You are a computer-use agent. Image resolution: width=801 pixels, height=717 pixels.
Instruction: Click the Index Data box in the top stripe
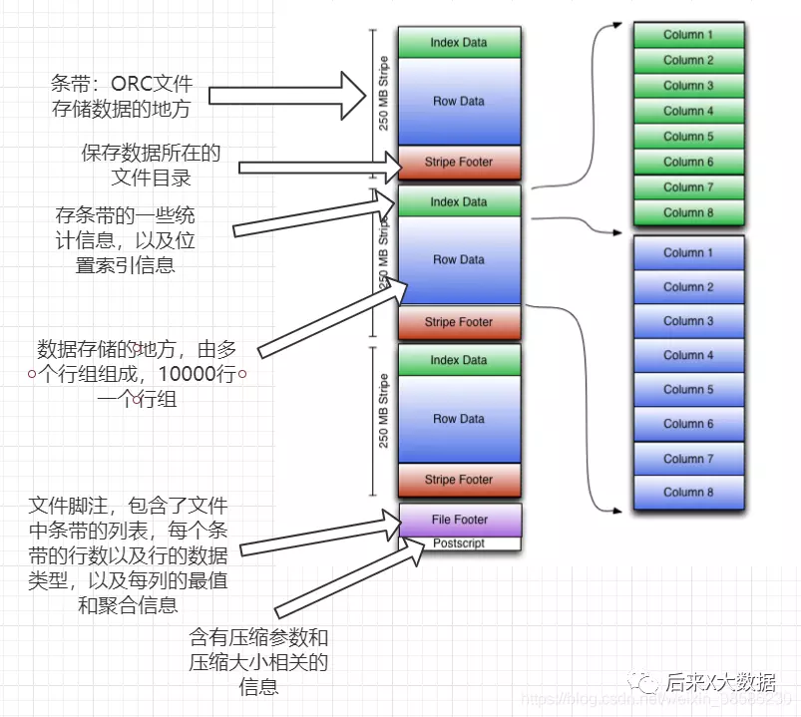[x=459, y=43]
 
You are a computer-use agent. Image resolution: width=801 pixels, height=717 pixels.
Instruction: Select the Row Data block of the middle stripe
[x=459, y=260]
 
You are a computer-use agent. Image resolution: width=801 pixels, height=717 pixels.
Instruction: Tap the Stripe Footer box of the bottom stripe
[x=459, y=480]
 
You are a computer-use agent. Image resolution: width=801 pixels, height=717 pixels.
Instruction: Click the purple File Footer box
[x=459, y=520]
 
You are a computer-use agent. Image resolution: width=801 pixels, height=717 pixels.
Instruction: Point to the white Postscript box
[x=459, y=543]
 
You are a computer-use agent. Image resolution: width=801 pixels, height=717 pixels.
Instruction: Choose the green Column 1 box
[x=688, y=35]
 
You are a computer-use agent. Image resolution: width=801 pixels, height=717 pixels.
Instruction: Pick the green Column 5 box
[x=688, y=137]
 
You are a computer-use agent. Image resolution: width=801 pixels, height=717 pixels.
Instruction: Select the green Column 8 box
[x=688, y=212]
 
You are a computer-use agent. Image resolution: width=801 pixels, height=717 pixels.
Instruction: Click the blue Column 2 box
[x=688, y=287]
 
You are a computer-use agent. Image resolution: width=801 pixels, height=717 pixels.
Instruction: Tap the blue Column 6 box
[x=688, y=424]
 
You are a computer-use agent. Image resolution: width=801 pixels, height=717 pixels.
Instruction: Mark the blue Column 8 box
[x=688, y=492]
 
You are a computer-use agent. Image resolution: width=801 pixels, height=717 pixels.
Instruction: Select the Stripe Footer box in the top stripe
[x=459, y=163]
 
